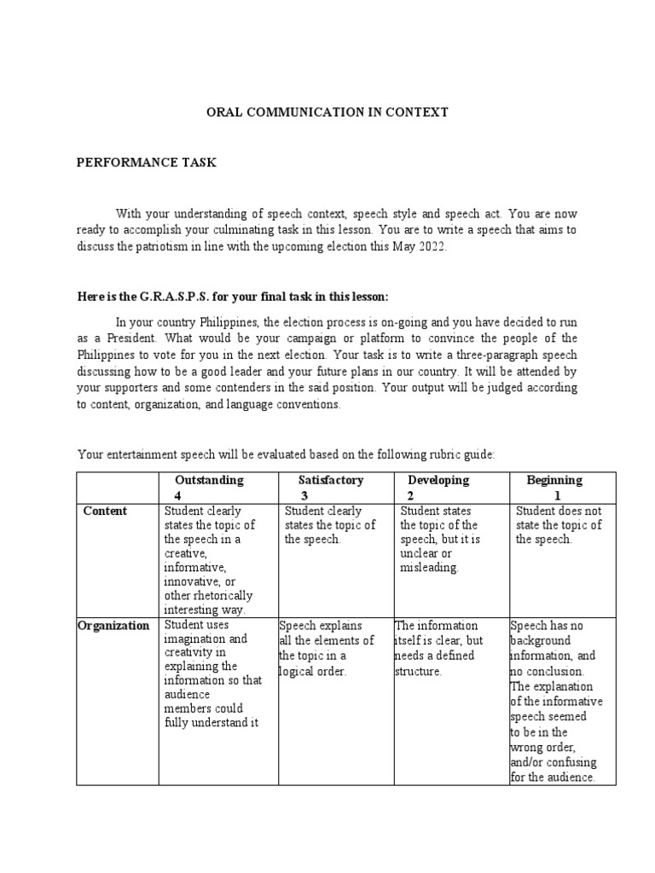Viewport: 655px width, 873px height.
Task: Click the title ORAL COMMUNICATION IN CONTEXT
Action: coord(328,112)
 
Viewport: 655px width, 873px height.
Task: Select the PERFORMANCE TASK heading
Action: coord(146,162)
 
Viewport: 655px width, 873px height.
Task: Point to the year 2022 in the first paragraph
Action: coord(431,247)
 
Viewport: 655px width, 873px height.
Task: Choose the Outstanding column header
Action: coord(209,480)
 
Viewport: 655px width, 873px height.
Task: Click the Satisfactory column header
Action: coord(331,480)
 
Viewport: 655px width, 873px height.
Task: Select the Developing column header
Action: coord(438,480)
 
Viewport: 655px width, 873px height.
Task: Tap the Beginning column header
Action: coord(554,480)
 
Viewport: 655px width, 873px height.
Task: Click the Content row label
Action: coord(105,511)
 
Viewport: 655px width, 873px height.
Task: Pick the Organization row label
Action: coord(113,625)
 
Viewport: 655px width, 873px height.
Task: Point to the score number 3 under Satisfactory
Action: coord(304,495)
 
